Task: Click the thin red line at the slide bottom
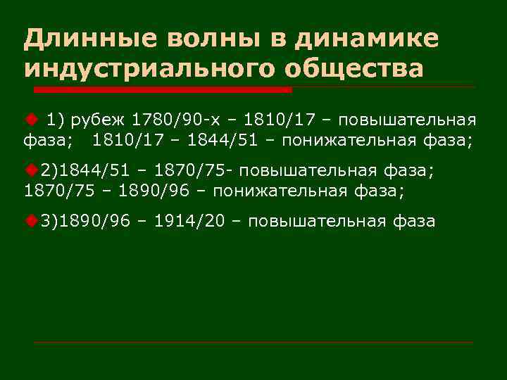coord(254,343)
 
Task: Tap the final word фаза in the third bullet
coord(413,222)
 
